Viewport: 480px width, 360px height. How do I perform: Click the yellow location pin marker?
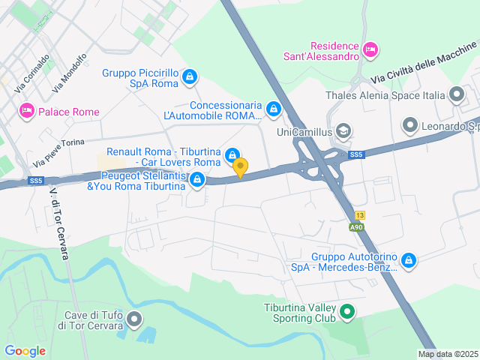point(240,167)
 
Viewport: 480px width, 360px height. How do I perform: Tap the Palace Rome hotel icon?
point(27,111)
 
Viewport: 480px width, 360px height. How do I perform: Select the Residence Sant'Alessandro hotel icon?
point(369,49)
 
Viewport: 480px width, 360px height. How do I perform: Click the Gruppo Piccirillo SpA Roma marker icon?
point(190,76)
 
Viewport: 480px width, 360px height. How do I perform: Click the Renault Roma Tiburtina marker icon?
point(233,155)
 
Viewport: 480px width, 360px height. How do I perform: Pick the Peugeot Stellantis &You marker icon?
point(197,178)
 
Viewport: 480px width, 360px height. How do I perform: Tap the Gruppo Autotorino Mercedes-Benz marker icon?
point(408,260)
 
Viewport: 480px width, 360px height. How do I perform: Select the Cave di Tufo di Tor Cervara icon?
point(135,319)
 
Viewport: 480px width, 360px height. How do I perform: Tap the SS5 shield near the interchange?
point(356,154)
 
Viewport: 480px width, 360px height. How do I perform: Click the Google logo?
point(25,350)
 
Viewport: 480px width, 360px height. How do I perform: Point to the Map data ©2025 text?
point(447,355)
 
